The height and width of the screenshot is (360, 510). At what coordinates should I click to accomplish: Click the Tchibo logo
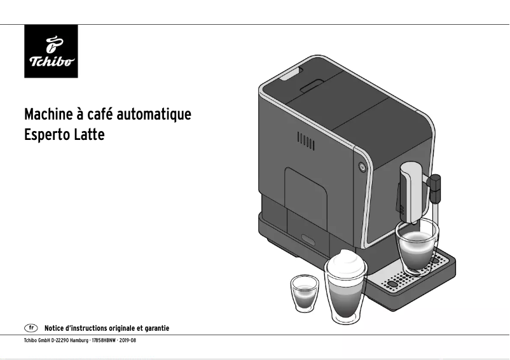[51, 52]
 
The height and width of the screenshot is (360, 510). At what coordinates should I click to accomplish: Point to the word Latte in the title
[90, 135]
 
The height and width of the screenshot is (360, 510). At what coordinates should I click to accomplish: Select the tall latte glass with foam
[346, 286]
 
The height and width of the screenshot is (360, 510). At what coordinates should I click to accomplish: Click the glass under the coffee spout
[417, 246]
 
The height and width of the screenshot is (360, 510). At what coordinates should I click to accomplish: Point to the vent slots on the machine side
[306, 141]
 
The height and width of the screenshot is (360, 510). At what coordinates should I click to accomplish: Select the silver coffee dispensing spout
[411, 188]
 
